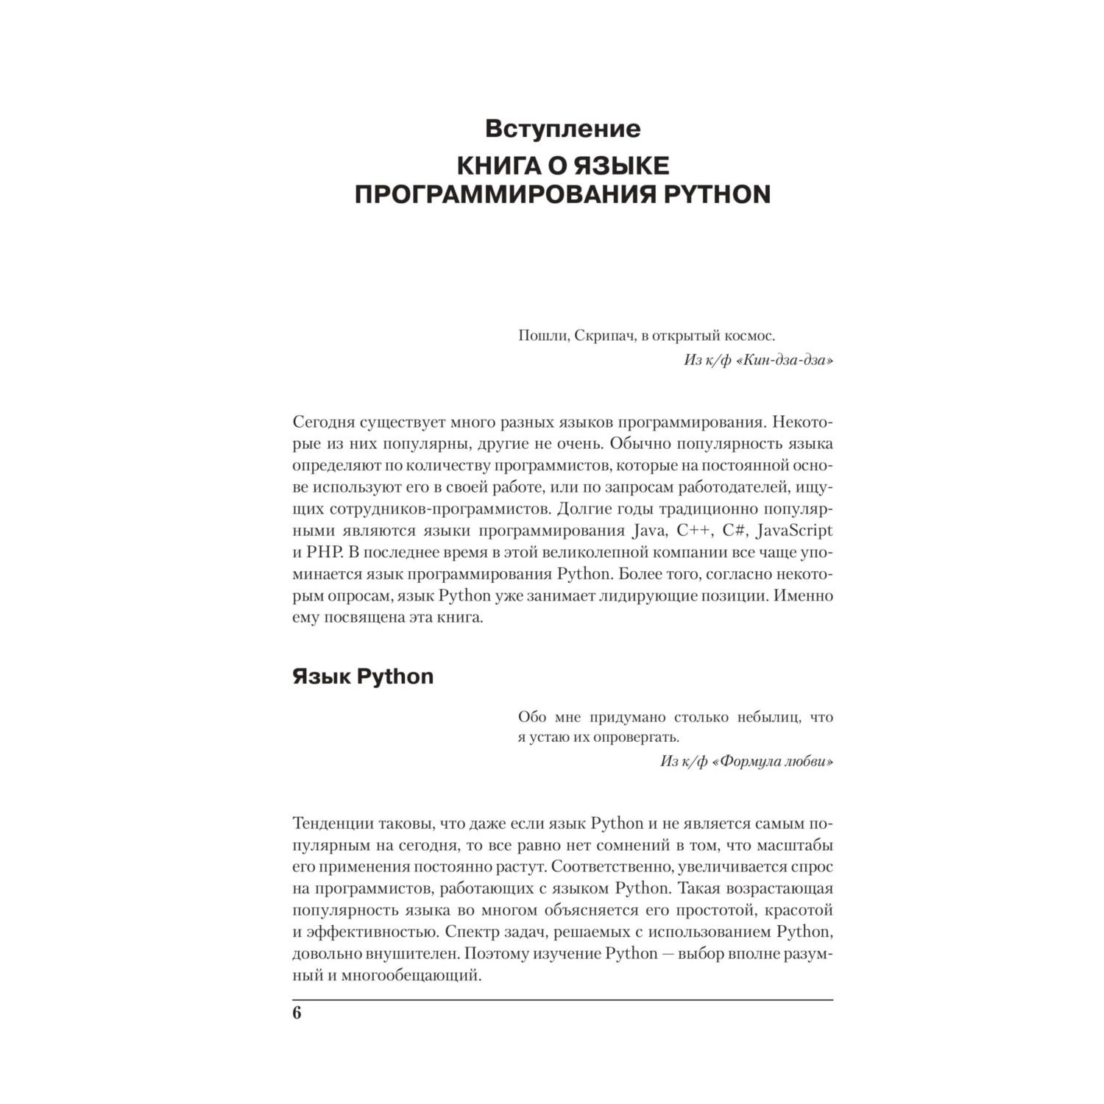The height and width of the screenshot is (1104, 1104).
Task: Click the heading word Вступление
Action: click(x=562, y=129)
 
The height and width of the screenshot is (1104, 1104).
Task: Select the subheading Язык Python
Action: click(x=363, y=676)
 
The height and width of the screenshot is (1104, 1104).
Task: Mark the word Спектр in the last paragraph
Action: click(x=469, y=932)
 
